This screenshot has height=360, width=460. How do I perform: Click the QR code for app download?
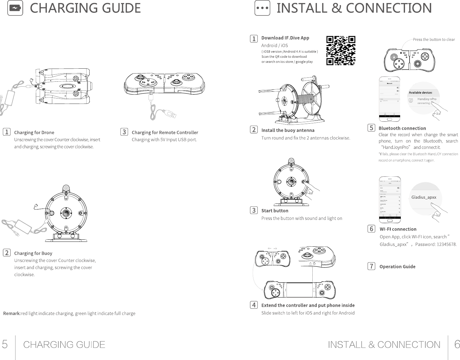(x=341, y=50)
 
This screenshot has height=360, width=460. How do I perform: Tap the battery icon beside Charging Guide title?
(x=15, y=8)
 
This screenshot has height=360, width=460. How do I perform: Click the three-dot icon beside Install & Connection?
(x=262, y=8)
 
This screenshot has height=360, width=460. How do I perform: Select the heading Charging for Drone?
(x=34, y=132)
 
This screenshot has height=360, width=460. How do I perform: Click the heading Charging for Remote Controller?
(x=165, y=132)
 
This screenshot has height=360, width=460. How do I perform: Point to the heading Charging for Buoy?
(x=33, y=253)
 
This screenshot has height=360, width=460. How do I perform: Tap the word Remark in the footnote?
(x=12, y=313)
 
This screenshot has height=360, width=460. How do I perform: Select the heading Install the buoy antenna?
(x=288, y=130)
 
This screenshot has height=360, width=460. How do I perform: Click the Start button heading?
(x=275, y=211)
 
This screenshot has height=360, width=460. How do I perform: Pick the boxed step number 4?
(x=254, y=305)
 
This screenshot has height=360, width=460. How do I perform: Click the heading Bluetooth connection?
(x=402, y=128)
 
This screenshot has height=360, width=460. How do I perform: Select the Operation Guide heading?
(x=397, y=266)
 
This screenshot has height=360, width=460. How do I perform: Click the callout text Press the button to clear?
(x=434, y=39)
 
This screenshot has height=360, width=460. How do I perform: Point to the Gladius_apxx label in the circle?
(x=424, y=197)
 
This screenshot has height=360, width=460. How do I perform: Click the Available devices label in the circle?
(x=420, y=93)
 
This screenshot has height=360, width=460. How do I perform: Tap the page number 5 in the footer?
(x=5, y=345)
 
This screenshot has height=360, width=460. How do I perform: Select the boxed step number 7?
(x=371, y=266)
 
